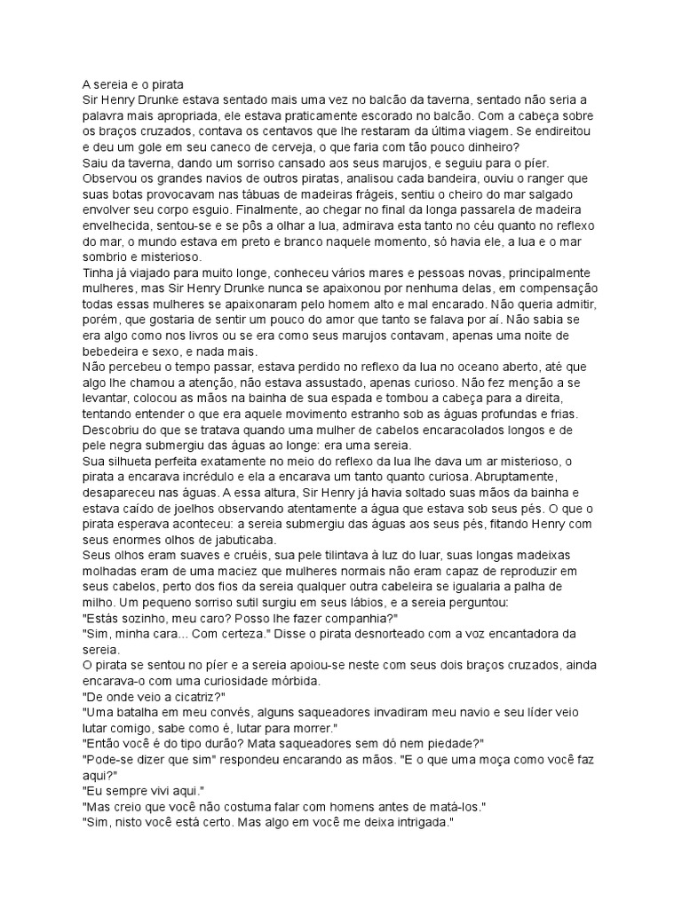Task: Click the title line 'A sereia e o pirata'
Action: (x=131, y=85)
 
